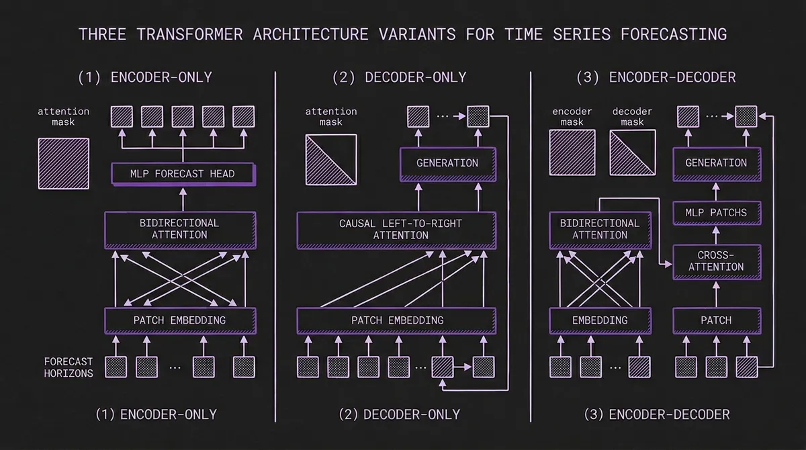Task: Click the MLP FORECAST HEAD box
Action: point(182,174)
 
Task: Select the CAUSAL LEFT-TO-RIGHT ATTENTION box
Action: point(396,229)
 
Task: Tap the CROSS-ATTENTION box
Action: point(716,261)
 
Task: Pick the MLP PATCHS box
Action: point(716,213)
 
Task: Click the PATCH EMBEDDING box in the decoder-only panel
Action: point(396,320)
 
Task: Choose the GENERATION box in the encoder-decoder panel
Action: point(716,163)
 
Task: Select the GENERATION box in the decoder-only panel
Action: point(447,163)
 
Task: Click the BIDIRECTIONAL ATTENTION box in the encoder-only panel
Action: point(179,229)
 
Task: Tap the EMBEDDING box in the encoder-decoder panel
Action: point(600,320)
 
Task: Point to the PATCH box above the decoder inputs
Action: point(716,320)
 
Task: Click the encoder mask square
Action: point(572,152)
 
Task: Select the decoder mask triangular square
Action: point(632,152)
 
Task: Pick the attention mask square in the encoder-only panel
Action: point(63,159)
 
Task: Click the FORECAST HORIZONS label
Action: point(69,367)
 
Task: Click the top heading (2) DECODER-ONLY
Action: point(399,77)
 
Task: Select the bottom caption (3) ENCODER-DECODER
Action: point(656,414)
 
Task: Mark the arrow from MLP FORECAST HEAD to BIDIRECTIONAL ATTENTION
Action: point(181,199)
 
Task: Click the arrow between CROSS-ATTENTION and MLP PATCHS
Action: point(716,235)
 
